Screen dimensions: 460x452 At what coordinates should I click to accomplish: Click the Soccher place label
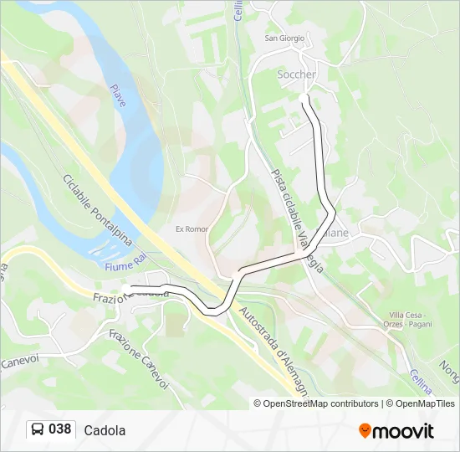[296, 74]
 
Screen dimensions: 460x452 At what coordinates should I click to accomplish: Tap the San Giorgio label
[284, 38]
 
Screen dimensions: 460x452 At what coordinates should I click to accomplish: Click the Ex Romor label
[191, 229]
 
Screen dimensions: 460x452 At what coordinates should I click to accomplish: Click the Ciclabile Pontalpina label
[96, 209]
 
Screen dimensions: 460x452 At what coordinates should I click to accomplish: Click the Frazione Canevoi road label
[139, 357]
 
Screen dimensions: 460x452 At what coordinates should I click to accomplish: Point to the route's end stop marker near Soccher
[304, 98]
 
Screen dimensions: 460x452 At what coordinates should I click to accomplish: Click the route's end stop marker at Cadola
[125, 289]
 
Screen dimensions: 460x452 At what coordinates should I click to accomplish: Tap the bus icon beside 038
[38, 430]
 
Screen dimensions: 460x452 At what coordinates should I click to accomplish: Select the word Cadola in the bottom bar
[105, 430]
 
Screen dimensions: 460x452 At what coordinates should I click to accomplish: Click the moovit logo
[396, 431]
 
